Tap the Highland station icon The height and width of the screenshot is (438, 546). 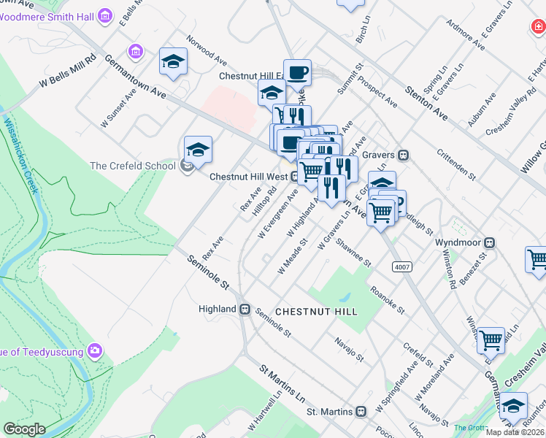tap(245, 309)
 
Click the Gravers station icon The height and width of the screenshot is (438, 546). tap(402, 155)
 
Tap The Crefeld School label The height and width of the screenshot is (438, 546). tap(133, 166)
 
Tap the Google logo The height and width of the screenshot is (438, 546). tap(24, 429)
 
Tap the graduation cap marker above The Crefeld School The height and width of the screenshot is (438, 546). tap(198, 149)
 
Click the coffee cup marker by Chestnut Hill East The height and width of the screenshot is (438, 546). tap(297, 72)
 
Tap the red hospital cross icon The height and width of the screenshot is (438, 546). tap(537, 26)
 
